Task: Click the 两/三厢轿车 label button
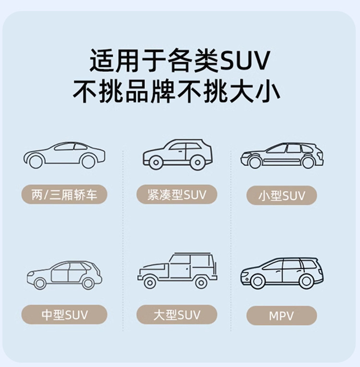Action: [64, 195]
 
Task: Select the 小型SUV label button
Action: [281, 196]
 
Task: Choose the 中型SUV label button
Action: [64, 315]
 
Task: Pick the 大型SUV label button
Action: [177, 315]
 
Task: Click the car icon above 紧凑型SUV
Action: [177, 154]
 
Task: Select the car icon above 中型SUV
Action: [64, 275]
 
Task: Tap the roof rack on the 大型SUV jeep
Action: [192, 253]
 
